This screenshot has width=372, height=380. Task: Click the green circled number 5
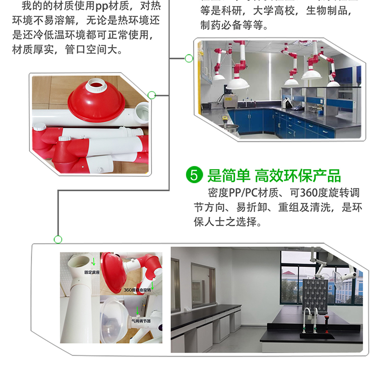pos(194,175)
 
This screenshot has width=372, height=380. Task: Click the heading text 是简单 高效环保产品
pos(274,175)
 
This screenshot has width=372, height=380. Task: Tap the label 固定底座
pos(92,272)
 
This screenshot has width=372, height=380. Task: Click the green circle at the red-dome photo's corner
pos(152,95)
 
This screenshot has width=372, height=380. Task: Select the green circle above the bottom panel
pos(58,240)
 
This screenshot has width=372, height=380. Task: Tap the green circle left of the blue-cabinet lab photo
pos(188,59)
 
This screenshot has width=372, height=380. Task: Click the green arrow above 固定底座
pos(93,261)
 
